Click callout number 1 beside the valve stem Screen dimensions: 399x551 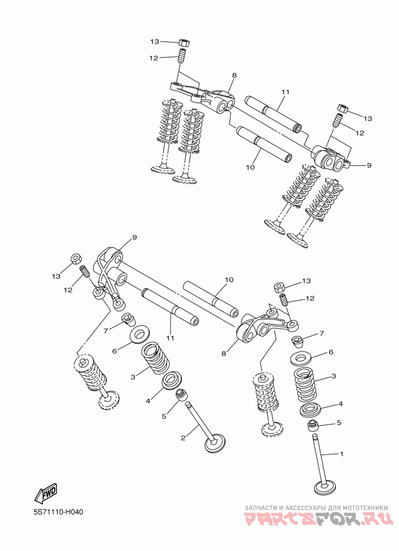click(342, 454)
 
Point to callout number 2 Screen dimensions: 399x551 click(183, 438)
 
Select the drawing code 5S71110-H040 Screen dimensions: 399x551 click(58, 512)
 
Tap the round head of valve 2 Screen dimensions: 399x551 click(215, 443)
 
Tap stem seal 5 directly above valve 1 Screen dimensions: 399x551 click(313, 426)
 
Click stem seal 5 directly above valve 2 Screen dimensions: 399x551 click(180, 395)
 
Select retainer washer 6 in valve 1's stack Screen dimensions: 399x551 click(302, 358)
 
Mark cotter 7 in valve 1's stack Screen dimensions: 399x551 click(298, 342)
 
